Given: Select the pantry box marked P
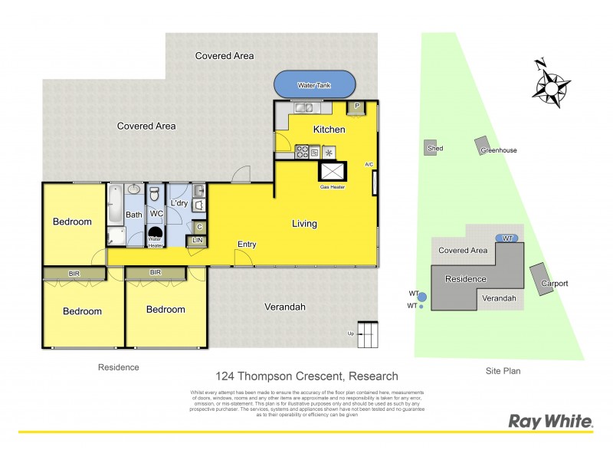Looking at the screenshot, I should pos(356,107).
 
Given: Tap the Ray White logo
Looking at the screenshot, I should pos(551,421).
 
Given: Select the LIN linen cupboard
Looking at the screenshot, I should pos(198,241).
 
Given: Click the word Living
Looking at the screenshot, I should pos(304,224).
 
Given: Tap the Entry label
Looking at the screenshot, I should pos(247,245).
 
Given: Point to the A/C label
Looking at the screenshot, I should pos(369,165).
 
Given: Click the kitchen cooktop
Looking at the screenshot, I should pos(303,151).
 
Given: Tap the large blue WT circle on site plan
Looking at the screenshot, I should pos(422,296).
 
